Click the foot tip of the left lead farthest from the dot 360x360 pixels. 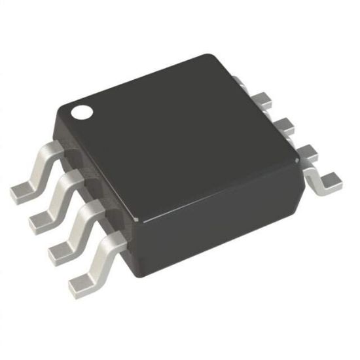click(x=80, y=281)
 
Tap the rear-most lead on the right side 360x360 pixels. click(x=243, y=84)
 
